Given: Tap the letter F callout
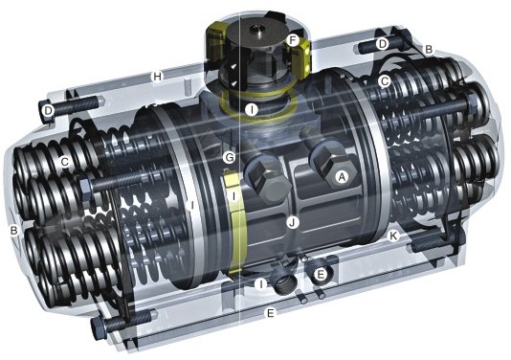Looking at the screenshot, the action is [x=293, y=41].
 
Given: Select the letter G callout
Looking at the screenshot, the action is [x=229, y=158].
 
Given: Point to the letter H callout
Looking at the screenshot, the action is [x=158, y=77].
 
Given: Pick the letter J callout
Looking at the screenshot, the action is [x=293, y=223].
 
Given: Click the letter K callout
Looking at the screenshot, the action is [x=394, y=236].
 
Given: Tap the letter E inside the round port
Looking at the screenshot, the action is [x=321, y=275].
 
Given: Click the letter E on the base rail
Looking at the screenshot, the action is [x=270, y=313].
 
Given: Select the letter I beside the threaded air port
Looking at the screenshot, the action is [x=260, y=284].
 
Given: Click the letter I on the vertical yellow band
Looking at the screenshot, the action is [x=234, y=196].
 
